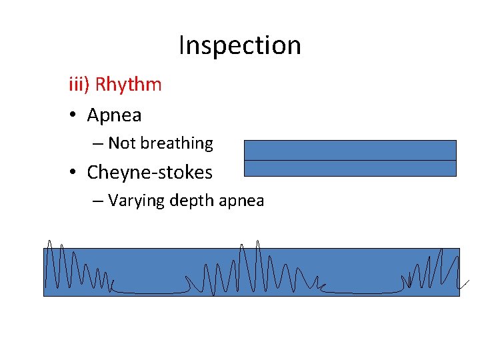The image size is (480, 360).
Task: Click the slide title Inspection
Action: pos(240,45)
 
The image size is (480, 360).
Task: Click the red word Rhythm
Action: pos(128,85)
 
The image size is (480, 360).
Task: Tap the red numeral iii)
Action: pos(79,85)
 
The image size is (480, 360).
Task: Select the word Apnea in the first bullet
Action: pos(114,115)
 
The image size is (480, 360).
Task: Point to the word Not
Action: pos(121,143)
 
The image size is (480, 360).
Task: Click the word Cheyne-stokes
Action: pos(149,173)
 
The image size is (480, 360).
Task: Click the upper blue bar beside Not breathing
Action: pos(350,150)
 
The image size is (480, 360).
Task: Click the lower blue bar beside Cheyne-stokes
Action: pos(350,168)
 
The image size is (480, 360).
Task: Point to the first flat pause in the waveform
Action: pos(150,292)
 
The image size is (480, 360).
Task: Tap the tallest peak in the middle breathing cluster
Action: pos(257,243)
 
